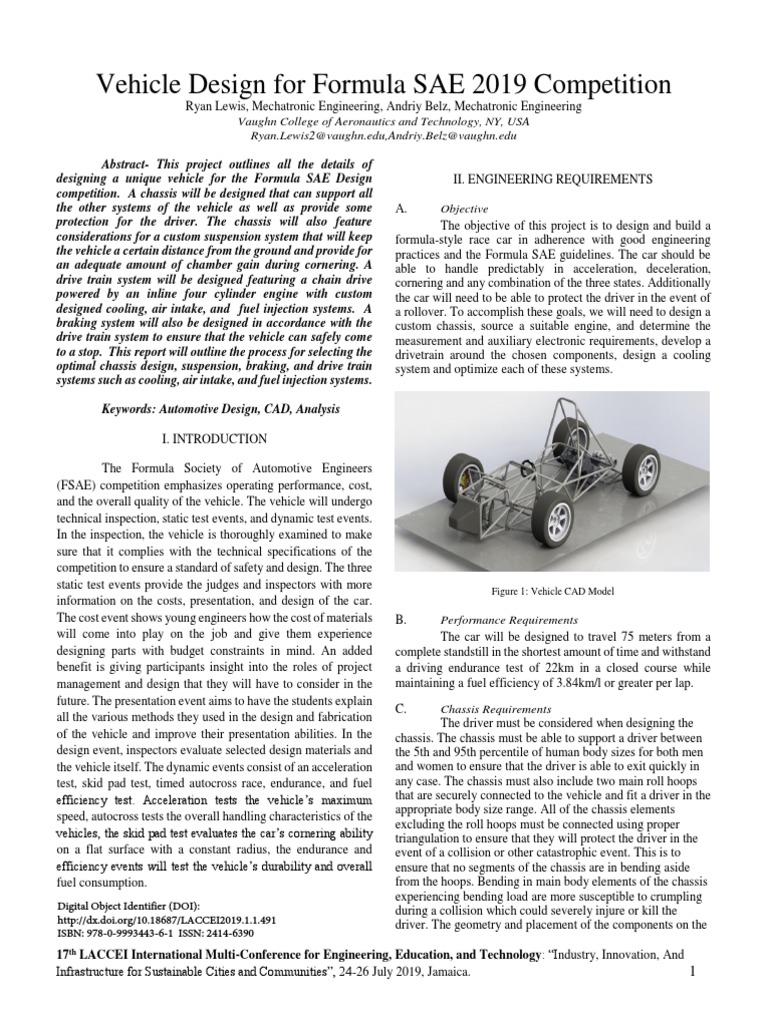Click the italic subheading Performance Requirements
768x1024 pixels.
click(x=509, y=620)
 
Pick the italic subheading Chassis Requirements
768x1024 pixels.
click(x=496, y=708)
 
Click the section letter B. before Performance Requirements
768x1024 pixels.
click(x=401, y=620)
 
